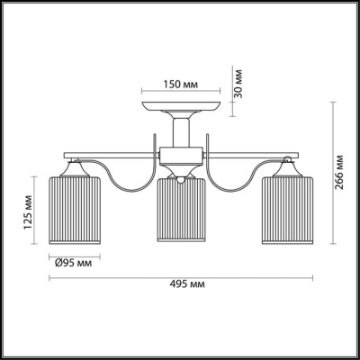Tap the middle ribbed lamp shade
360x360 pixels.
[180, 214]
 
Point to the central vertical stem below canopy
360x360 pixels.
[180, 135]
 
